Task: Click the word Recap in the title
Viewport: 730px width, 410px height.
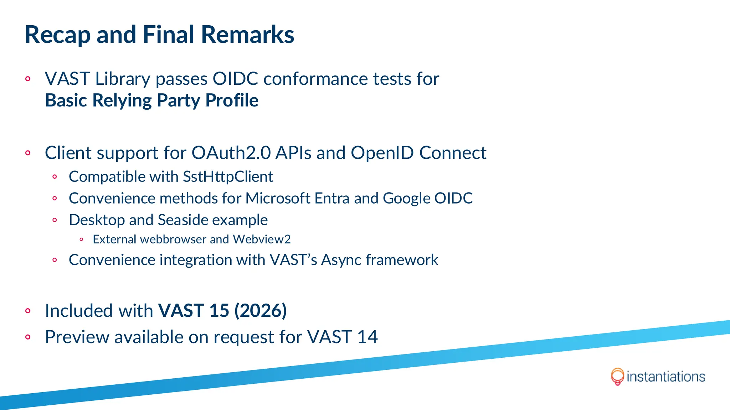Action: pyautogui.click(x=57, y=35)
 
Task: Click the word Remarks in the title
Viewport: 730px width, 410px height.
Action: pyautogui.click(x=247, y=35)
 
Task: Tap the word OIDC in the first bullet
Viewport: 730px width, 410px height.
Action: pyautogui.click(x=235, y=79)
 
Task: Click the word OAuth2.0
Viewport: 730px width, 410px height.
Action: pyautogui.click(x=231, y=153)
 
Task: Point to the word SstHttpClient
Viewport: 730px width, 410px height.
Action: pyautogui.click(x=228, y=177)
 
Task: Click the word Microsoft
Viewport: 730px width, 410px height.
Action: pyautogui.click(x=278, y=198)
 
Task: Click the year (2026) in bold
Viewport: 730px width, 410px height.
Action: pyautogui.click(x=260, y=310)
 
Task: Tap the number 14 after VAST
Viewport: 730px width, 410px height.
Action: pyautogui.click(x=367, y=337)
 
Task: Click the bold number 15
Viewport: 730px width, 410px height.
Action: pyautogui.click(x=219, y=310)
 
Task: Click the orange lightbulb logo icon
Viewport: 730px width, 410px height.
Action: pyautogui.click(x=617, y=376)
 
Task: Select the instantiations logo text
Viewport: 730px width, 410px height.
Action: pyautogui.click(x=665, y=377)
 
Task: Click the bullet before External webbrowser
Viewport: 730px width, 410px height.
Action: pyautogui.click(x=81, y=240)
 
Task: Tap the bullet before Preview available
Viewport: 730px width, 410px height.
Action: pyautogui.click(x=28, y=337)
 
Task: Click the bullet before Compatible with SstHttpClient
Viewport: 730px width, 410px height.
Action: pyautogui.click(x=55, y=177)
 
